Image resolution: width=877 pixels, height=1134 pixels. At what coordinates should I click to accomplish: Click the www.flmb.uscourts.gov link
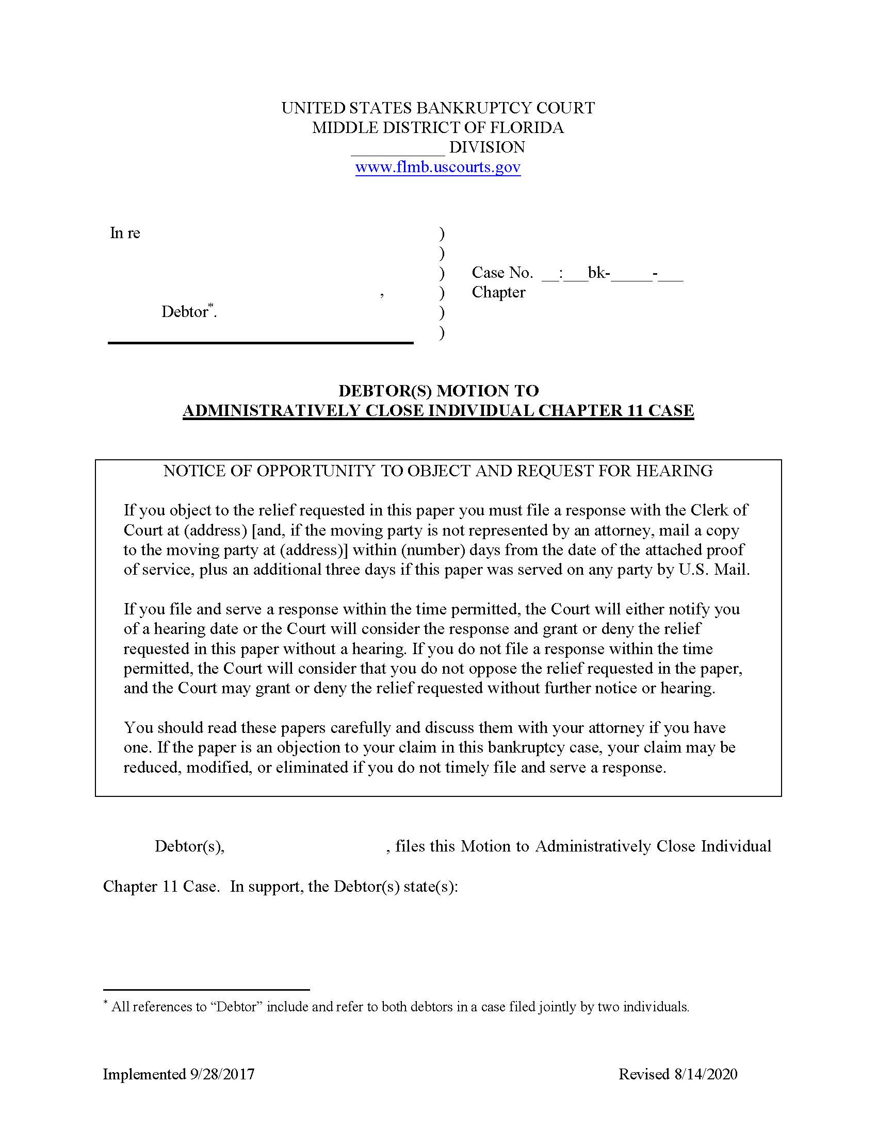437,167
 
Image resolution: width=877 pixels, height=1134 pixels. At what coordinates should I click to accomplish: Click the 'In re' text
125,233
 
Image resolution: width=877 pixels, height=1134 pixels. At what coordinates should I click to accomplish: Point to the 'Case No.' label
502,273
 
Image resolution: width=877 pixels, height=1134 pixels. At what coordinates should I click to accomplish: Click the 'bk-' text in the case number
598,273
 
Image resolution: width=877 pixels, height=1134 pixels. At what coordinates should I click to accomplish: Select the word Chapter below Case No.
498,292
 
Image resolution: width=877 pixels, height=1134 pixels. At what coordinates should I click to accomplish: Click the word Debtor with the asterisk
185,311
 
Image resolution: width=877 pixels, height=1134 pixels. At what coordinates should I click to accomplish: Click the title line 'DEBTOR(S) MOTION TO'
438,391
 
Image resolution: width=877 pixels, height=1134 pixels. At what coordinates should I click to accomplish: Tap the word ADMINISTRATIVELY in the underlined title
272,411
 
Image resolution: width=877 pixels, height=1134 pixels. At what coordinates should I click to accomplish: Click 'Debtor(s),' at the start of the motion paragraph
189,846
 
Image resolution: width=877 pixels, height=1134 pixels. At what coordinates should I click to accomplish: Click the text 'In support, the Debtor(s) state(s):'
344,887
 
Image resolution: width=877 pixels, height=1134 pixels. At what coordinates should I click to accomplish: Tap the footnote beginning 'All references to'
400,1007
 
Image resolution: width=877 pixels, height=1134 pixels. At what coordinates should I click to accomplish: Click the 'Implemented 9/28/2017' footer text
178,1074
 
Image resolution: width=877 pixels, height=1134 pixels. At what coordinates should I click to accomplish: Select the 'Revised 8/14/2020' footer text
677,1074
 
